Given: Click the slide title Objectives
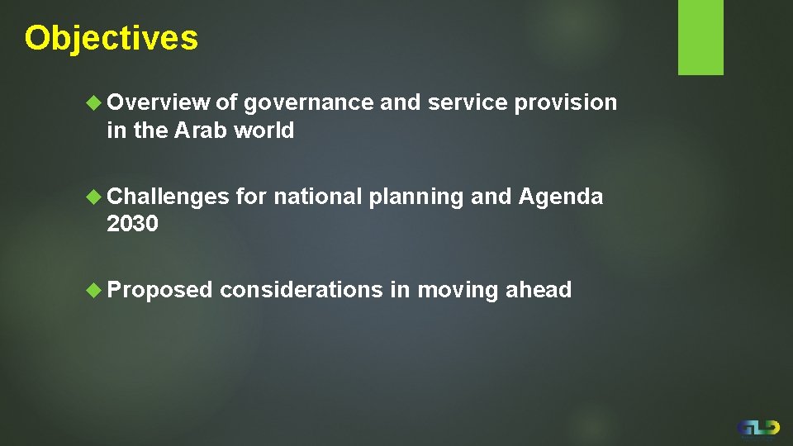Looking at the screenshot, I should (112, 39).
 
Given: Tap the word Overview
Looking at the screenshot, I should (158, 102).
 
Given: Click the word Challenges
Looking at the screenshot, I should (168, 197).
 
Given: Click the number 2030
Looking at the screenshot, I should (132, 224).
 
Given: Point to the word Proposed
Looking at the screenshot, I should (159, 291).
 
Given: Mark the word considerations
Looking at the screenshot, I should (302, 290).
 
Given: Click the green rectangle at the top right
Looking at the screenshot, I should (700, 37).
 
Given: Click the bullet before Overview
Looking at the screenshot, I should (95, 103).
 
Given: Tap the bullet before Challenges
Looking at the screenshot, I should (95, 197).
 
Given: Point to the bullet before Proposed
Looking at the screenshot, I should (95, 290).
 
